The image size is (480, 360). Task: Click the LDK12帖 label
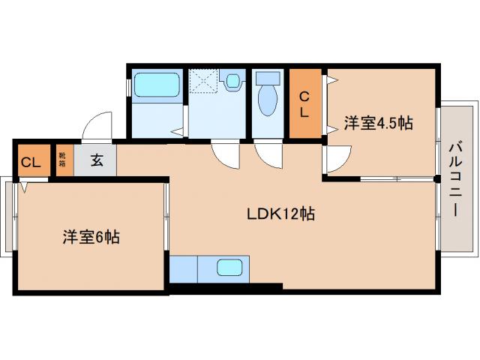pos(280,214)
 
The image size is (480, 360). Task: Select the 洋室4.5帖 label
pos(378,124)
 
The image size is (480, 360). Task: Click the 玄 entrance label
pos(98,160)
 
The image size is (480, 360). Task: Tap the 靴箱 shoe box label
pos(63,160)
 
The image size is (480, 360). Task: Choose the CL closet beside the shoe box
pos(30,162)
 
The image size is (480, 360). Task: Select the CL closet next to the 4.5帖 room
pos(305,103)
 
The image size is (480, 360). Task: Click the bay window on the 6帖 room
pos(7,217)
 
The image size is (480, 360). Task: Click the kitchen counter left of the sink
pos(184,268)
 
